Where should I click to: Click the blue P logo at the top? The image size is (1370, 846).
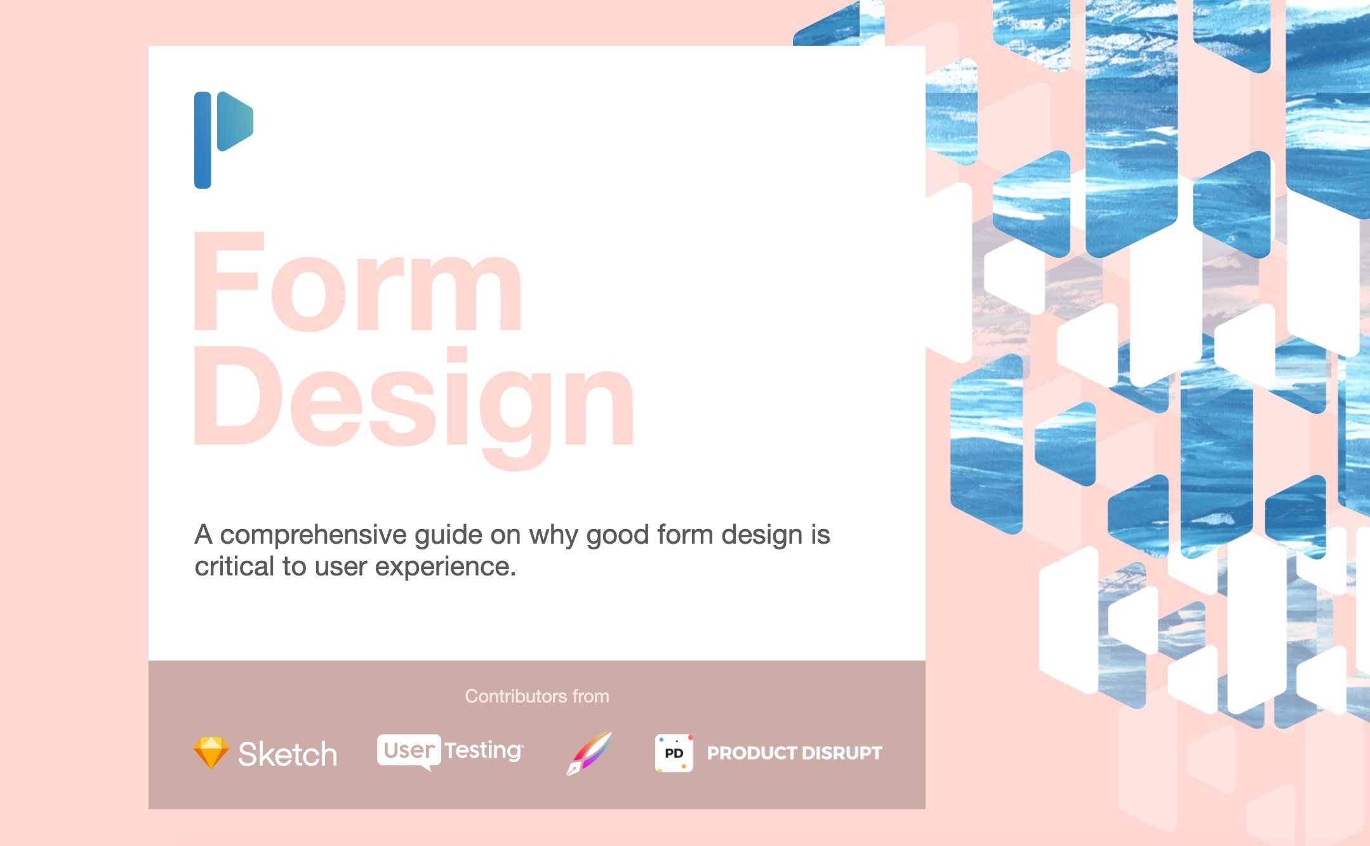pyautogui.click(x=222, y=139)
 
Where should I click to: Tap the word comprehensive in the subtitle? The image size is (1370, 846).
pyautogui.click(x=313, y=535)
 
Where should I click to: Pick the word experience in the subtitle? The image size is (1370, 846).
pyautogui.click(x=444, y=567)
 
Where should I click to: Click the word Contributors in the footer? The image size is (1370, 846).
pyautogui.click(x=515, y=696)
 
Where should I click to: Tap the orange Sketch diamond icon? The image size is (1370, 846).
pyautogui.click(x=211, y=753)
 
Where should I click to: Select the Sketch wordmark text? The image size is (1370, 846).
pyautogui.click(x=288, y=755)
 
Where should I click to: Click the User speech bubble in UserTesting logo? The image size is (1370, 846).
pyautogui.click(x=409, y=751)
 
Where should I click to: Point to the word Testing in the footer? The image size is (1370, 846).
pyautogui.click(x=483, y=751)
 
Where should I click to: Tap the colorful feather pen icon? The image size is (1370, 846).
pyautogui.click(x=589, y=753)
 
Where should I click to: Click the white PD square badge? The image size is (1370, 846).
pyautogui.click(x=674, y=753)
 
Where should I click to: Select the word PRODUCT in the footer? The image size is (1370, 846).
pyautogui.click(x=752, y=753)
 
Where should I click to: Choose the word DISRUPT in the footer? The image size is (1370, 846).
pyautogui.click(x=842, y=753)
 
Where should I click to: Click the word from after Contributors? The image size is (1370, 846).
pyautogui.click(x=590, y=696)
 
